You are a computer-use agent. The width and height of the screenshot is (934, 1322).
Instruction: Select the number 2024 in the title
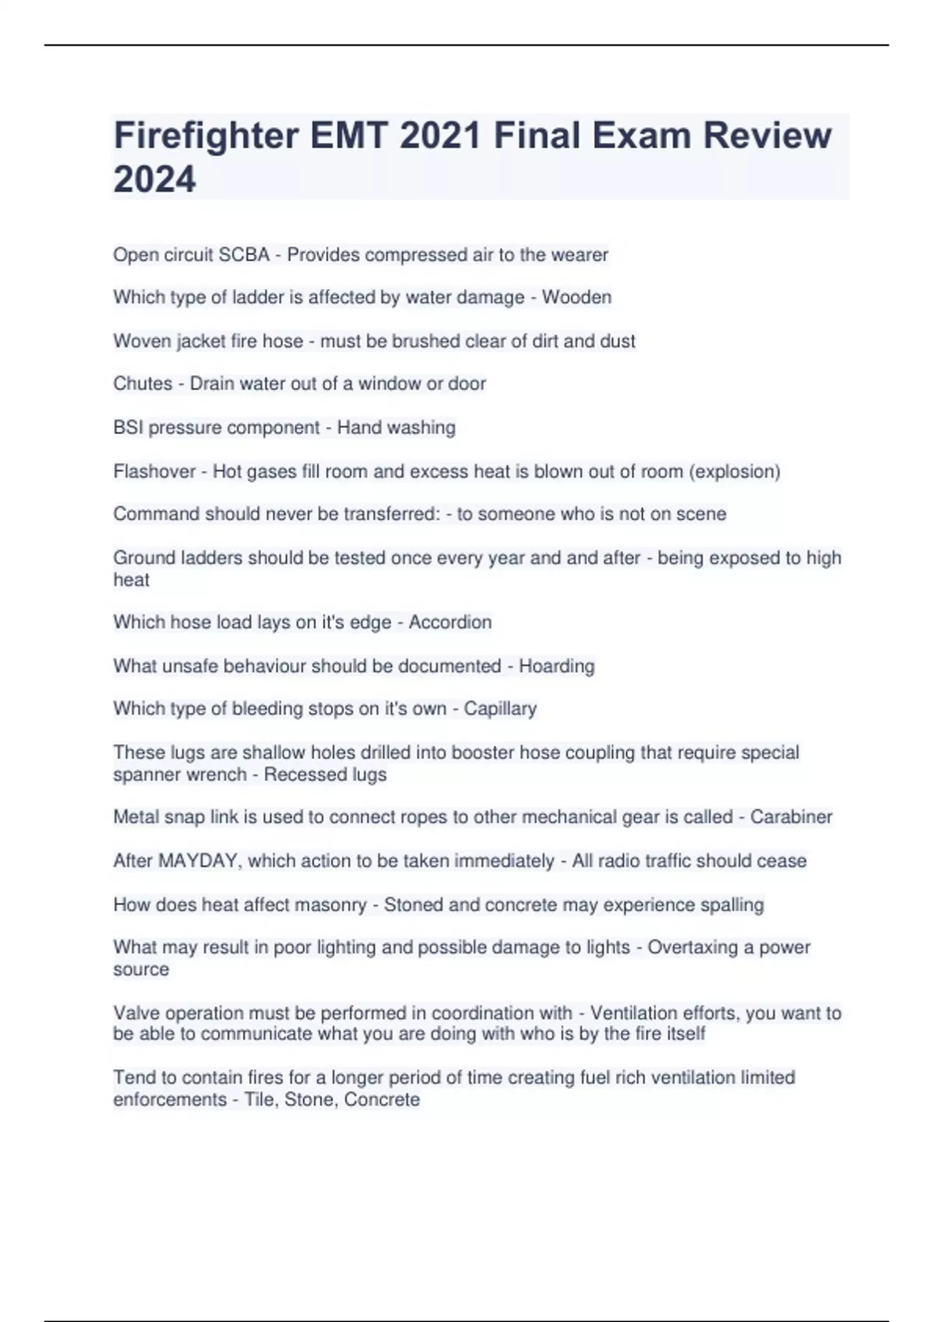(155, 180)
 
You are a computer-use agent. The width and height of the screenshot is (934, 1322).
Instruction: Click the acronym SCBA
(244, 255)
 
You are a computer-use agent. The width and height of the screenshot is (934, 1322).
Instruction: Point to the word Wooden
(577, 297)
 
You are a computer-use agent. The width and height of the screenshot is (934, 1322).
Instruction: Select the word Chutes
(142, 383)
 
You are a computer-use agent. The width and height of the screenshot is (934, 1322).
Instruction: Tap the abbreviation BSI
(128, 428)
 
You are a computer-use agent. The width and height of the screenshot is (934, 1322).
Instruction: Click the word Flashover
(154, 471)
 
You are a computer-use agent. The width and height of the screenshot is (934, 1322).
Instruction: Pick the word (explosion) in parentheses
(735, 471)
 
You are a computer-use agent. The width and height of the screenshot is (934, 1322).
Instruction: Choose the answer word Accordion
(450, 622)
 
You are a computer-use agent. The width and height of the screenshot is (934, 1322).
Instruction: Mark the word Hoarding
(557, 666)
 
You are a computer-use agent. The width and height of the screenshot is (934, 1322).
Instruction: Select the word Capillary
(500, 708)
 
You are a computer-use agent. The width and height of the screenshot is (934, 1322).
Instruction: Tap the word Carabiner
(791, 817)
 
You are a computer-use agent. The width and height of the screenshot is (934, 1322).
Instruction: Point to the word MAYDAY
(198, 861)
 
